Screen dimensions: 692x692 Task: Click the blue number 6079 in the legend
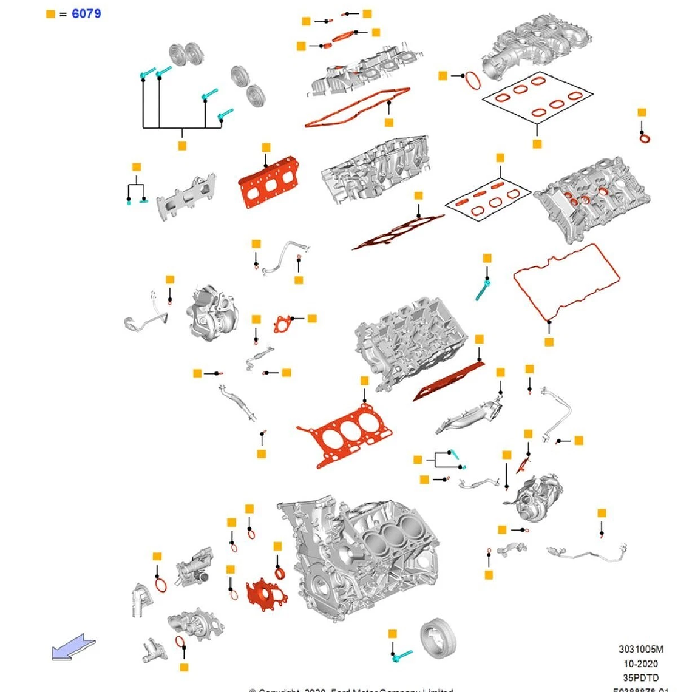pyautogui.click(x=86, y=13)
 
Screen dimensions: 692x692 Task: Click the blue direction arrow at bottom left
pyautogui.click(x=73, y=646)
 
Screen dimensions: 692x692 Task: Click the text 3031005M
pyautogui.click(x=641, y=650)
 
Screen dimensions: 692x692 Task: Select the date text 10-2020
pyautogui.click(x=641, y=663)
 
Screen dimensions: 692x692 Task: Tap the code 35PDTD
pyautogui.click(x=641, y=677)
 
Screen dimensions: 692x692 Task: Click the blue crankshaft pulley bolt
pyautogui.click(x=401, y=656)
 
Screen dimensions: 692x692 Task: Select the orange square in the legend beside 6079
pyautogui.click(x=50, y=14)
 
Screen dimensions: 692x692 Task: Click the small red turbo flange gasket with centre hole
pyautogui.click(x=283, y=324)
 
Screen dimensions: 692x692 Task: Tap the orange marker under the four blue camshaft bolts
pyautogui.click(x=181, y=146)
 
